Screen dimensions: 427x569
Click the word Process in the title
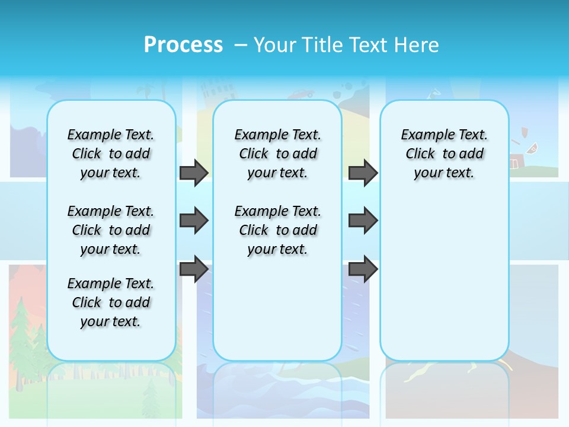183,45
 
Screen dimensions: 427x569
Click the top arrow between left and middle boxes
194,173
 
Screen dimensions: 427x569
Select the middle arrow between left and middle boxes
194,221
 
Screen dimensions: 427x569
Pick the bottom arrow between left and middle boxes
194,269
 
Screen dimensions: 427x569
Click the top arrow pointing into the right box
363,173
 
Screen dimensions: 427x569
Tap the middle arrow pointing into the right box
363,221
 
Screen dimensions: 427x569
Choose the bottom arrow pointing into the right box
363,269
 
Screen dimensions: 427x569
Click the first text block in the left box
111,154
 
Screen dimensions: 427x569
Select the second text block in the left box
111,230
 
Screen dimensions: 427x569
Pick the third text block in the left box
111,302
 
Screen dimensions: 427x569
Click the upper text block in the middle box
278,154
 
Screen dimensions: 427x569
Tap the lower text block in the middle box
278,230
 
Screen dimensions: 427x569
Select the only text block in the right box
445,154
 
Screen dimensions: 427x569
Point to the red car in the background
301,93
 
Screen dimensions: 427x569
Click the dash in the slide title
241,46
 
